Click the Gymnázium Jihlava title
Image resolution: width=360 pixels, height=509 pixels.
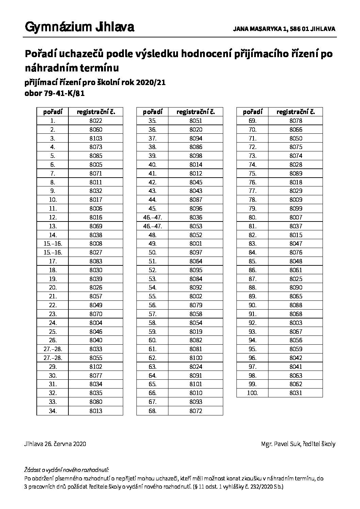tap(79, 28)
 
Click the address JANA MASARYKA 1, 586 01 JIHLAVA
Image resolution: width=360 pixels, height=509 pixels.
tap(284, 29)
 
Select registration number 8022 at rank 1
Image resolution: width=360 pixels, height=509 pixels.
tap(96, 120)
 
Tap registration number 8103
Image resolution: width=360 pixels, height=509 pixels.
tap(96, 138)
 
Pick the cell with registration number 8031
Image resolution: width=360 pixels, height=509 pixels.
tap(296, 393)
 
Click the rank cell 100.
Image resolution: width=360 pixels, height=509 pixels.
tap(252, 393)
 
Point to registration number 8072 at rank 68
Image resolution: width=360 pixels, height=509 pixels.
tap(196, 411)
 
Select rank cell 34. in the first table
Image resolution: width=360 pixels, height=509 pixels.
tap(52, 411)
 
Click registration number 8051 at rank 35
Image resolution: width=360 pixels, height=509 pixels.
tap(196, 120)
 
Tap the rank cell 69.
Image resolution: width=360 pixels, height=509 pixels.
tap(252, 120)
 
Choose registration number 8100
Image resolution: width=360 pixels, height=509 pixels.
tap(196, 358)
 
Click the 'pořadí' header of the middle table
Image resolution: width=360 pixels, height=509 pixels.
tap(152, 112)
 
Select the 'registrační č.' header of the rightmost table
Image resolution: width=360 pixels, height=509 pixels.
tap(296, 112)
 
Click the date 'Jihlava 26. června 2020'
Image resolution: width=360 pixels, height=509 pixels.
tap(55, 444)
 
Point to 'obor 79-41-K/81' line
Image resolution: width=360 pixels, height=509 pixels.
tap(54, 94)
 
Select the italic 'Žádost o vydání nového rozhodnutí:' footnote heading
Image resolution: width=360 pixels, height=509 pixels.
tap(67, 470)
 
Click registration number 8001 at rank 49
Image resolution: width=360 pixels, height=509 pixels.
tap(196, 244)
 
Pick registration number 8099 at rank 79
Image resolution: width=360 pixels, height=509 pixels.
tap(296, 208)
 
